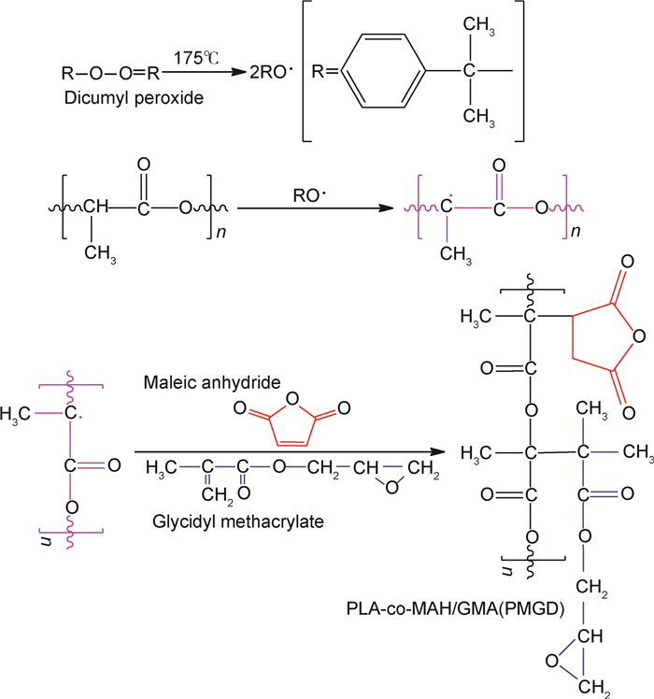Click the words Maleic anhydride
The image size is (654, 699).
click(x=200, y=384)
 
